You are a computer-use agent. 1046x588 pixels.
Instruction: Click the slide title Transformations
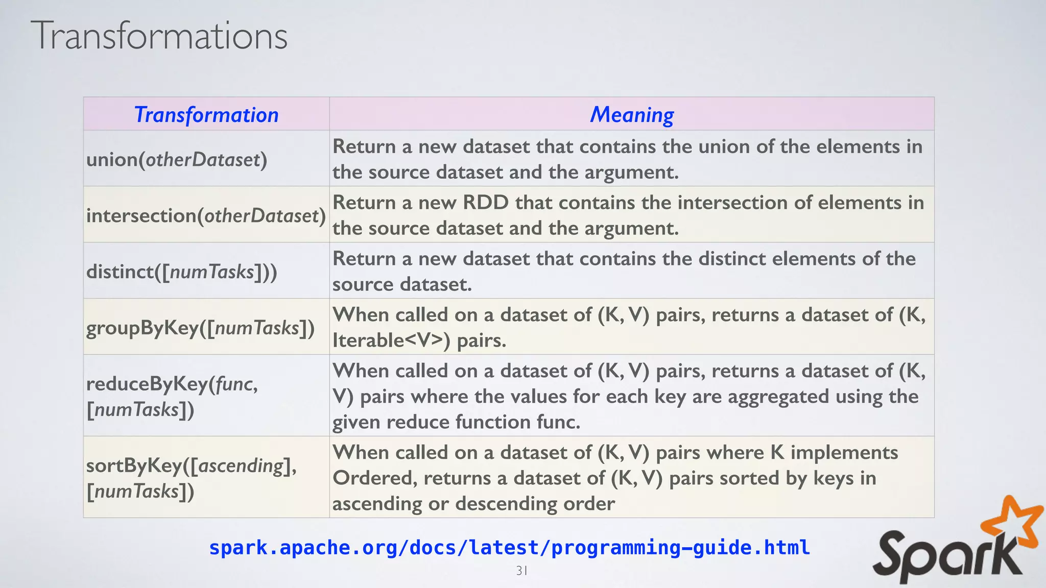point(159,36)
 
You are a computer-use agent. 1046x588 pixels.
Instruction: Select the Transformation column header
point(206,114)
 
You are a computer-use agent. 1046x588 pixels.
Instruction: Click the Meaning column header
point(632,114)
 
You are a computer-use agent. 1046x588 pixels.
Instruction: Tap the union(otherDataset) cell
point(177,160)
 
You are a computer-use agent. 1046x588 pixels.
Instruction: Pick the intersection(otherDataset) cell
point(206,215)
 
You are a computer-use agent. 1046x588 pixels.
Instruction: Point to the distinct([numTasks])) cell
point(182,272)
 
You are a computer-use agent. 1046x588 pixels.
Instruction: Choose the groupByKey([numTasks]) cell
point(200,328)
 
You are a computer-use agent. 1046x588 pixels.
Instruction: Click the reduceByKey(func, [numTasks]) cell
point(172,396)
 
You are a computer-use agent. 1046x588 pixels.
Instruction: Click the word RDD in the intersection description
point(486,203)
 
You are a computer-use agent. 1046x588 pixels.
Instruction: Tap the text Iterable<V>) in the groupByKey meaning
point(391,340)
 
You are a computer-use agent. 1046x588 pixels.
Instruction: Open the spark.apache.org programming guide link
point(509,547)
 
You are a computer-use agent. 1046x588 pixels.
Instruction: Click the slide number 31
point(521,571)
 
